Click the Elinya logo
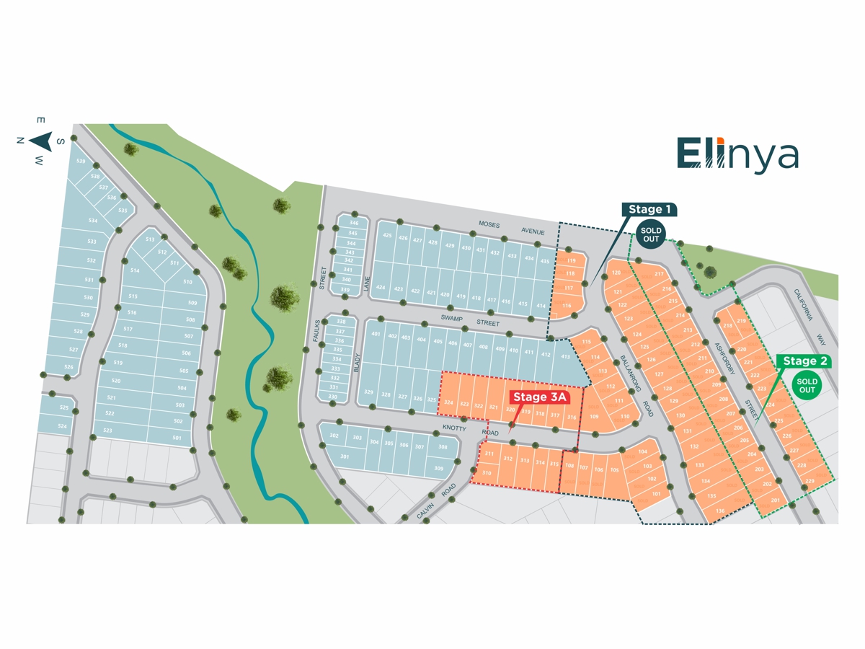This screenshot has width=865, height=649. click(737, 153)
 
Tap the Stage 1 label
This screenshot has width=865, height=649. click(649, 210)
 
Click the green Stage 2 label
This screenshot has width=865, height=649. click(804, 361)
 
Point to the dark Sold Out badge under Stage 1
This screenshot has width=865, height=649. click(651, 234)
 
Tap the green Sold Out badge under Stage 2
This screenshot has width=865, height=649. click(807, 385)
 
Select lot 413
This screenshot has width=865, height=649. click(565, 357)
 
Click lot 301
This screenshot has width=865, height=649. click(345, 456)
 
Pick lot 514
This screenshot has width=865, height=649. click(135, 271)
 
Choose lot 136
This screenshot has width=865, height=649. click(720, 511)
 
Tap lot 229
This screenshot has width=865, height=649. click(809, 481)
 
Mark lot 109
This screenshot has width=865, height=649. click(594, 416)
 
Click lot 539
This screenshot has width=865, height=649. click(81, 162)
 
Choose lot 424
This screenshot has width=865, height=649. click(381, 288)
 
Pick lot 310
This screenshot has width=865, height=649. click(487, 473)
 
